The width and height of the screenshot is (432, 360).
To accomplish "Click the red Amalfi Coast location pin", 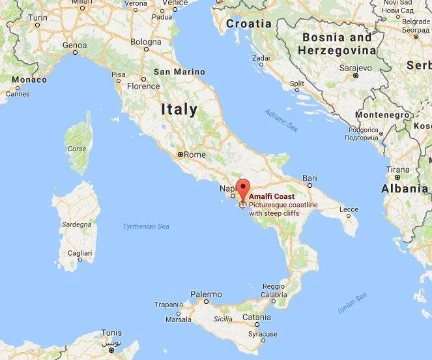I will click(x=242, y=187).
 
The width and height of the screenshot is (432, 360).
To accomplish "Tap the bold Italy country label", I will click(x=179, y=110).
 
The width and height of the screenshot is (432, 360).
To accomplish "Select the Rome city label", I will click(x=195, y=155).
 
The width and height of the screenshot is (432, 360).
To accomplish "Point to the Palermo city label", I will click(x=206, y=294).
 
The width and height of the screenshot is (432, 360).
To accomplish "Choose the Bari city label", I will click(x=310, y=178).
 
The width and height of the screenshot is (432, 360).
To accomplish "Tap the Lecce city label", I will click(x=349, y=210).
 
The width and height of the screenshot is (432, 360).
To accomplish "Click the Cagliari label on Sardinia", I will click(x=79, y=253).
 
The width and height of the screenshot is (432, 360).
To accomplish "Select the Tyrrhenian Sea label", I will click(x=146, y=226).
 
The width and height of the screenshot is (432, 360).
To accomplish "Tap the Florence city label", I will click(x=143, y=86).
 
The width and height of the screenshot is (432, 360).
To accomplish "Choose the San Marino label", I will click(x=179, y=72).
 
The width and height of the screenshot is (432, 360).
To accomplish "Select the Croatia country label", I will click(x=249, y=23).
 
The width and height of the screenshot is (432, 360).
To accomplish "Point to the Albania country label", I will click(x=405, y=189).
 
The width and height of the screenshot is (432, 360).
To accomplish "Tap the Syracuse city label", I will click(x=264, y=334).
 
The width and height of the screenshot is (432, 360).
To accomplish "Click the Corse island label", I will click(x=77, y=149).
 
